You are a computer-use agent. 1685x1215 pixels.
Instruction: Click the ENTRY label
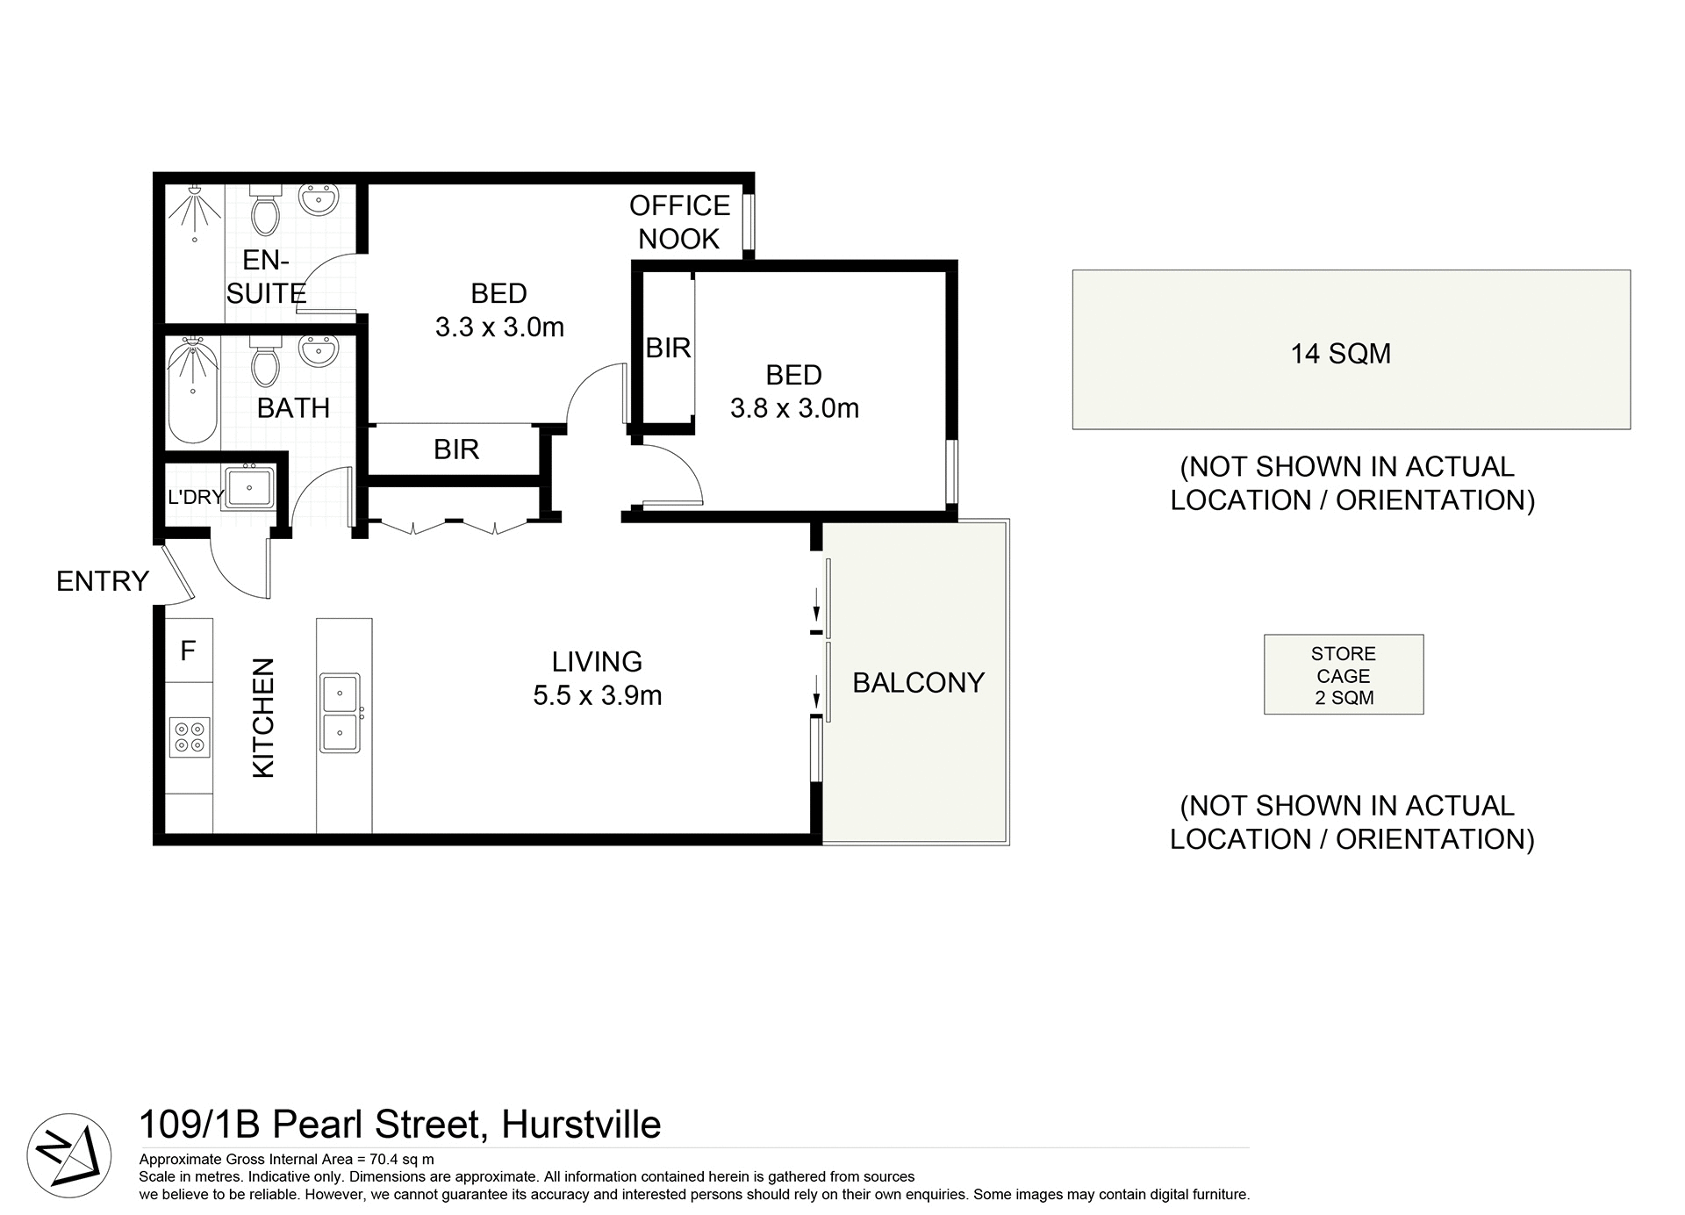click(x=102, y=581)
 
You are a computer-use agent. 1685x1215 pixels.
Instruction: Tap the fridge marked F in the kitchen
click(x=188, y=651)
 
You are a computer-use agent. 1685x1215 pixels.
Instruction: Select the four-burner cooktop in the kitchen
click(x=190, y=737)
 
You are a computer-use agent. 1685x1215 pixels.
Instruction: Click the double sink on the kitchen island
click(x=340, y=713)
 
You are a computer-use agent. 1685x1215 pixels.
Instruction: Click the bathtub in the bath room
click(x=192, y=393)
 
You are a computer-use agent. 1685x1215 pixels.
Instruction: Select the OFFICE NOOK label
click(x=679, y=222)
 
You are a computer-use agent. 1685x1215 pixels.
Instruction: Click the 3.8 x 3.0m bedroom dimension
click(x=794, y=408)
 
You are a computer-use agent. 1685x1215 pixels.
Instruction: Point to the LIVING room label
click(x=597, y=661)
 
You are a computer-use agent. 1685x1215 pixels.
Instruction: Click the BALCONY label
click(x=918, y=682)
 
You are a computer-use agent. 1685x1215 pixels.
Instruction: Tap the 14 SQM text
click(x=1340, y=354)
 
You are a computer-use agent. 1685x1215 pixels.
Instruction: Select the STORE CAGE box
click(x=1343, y=675)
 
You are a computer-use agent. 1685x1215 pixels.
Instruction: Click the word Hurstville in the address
click(x=580, y=1125)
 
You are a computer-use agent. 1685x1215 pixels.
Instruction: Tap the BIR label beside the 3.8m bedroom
click(x=668, y=349)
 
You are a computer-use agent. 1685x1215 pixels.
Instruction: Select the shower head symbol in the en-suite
click(x=192, y=211)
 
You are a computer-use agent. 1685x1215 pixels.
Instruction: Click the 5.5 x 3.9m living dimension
click(x=597, y=695)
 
